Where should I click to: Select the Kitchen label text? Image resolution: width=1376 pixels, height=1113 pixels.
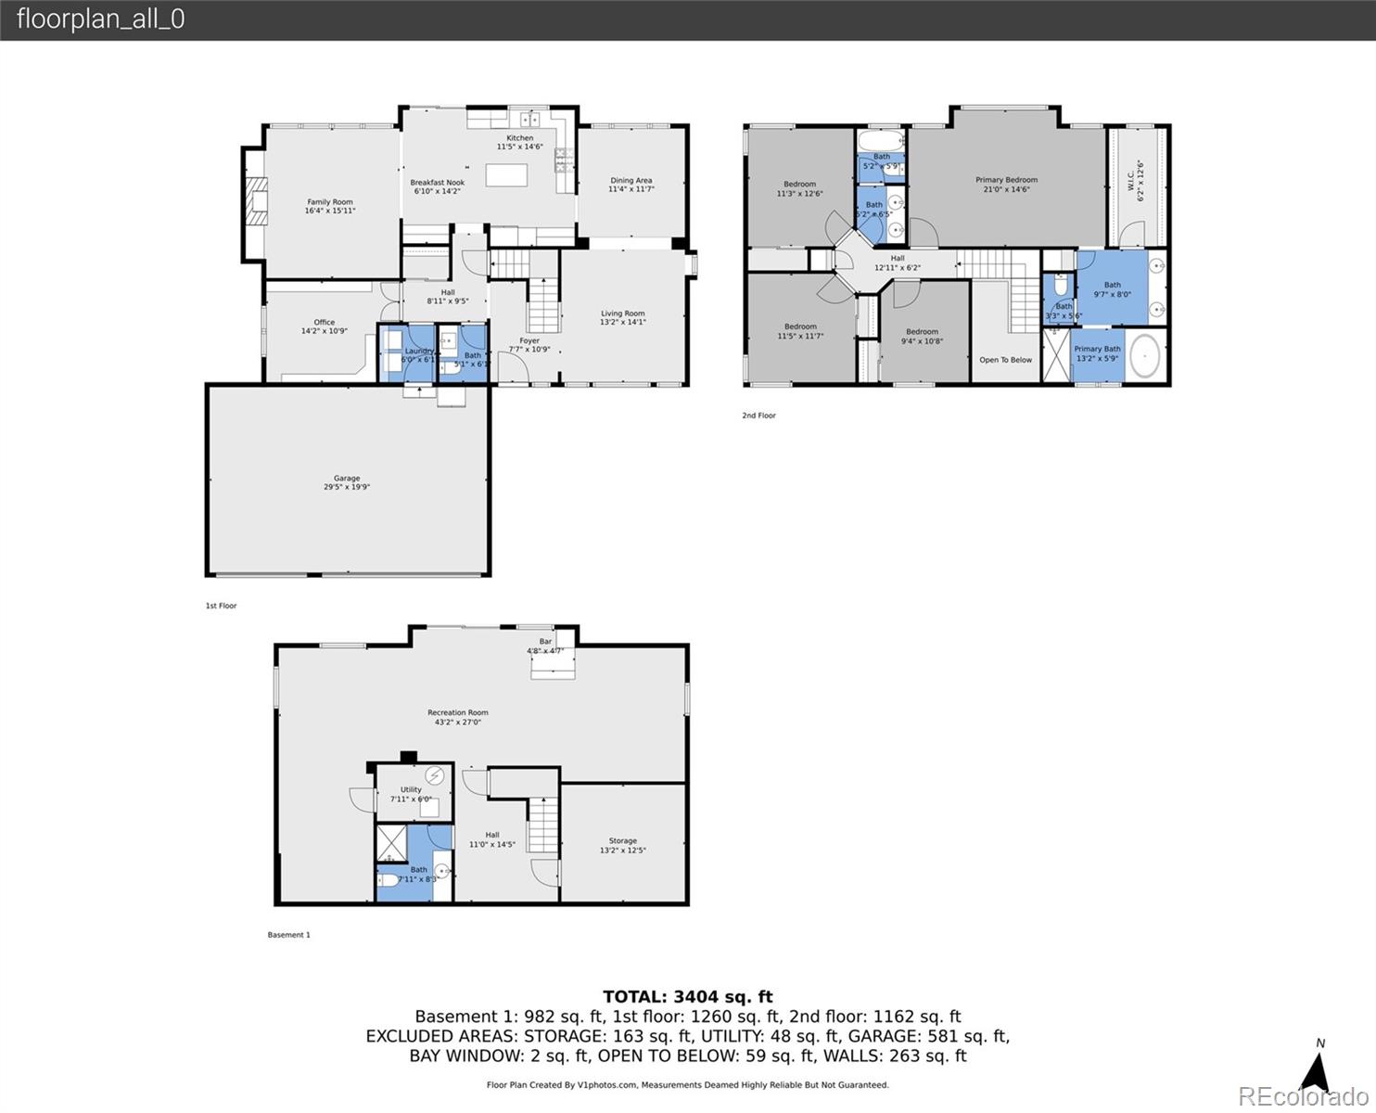coord(519,138)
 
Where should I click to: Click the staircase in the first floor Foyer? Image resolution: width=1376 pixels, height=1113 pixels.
coord(543,305)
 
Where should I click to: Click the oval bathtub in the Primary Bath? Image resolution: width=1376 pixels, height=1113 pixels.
coord(1145,357)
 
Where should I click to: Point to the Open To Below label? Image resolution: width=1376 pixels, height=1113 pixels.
coord(1005,360)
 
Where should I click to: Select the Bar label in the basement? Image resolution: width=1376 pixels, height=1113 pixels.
coord(545,642)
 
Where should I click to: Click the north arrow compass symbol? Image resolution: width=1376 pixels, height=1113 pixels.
coord(1315,1068)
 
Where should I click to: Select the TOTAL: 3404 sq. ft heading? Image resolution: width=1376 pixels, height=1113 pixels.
coord(687,997)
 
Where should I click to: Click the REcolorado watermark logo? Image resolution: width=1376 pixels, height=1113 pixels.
coord(1303,1096)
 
